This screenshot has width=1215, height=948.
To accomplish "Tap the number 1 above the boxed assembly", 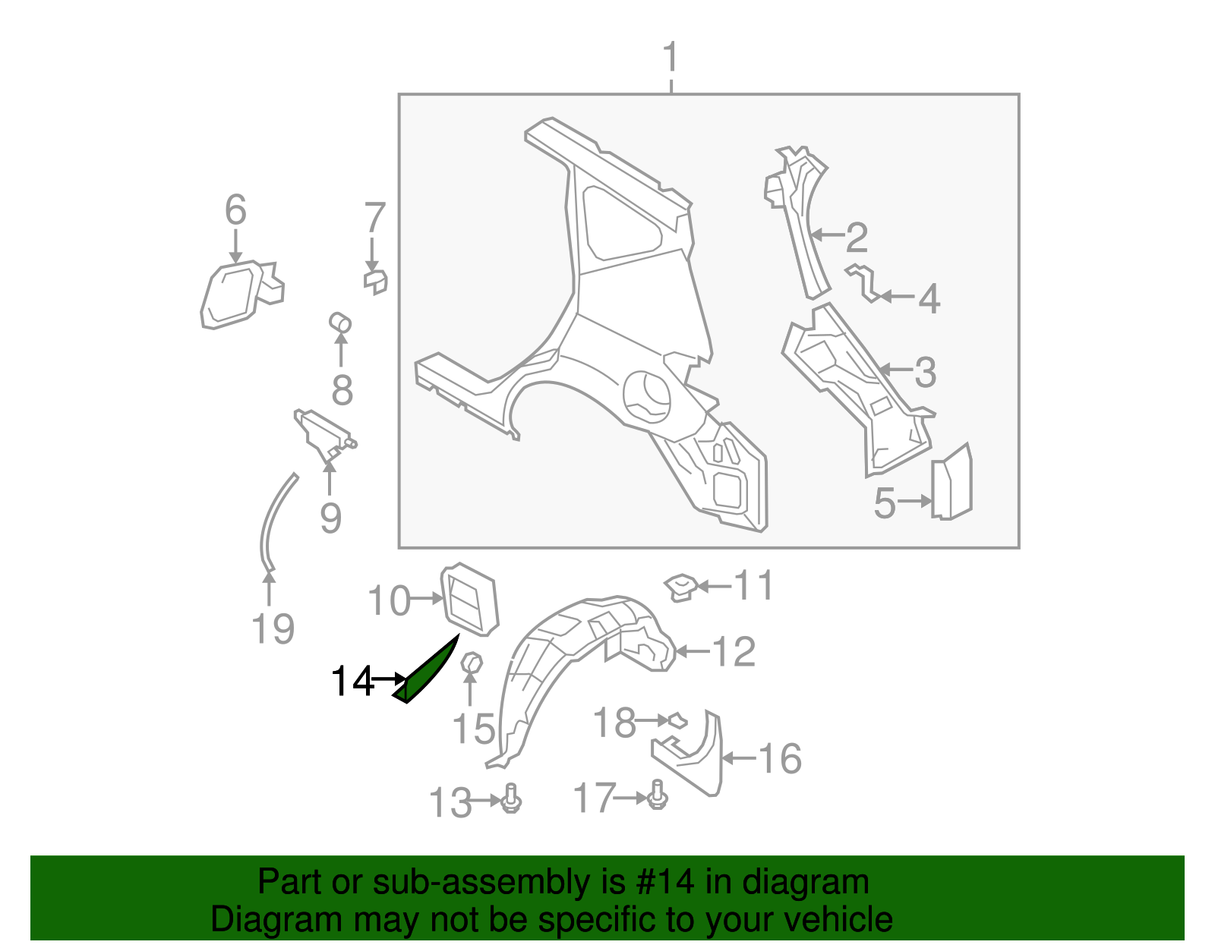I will click(x=670, y=58).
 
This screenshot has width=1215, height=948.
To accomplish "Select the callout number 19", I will click(x=273, y=629).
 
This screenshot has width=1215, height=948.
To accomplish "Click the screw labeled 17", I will click(x=658, y=795).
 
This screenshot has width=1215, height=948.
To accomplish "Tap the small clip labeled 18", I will click(x=676, y=720).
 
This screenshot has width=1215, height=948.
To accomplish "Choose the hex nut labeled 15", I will click(x=472, y=663).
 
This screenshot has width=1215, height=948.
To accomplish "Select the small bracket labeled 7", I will click(x=375, y=281).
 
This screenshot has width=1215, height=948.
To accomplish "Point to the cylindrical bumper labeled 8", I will click(x=340, y=322).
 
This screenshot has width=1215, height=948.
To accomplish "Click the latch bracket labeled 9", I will click(x=323, y=433).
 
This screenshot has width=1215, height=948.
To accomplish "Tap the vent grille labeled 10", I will click(x=469, y=599).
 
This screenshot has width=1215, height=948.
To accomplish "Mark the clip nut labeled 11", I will click(x=680, y=586).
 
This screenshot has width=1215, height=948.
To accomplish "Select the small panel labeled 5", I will click(x=952, y=483).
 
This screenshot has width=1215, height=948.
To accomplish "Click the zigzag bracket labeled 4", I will click(x=865, y=282).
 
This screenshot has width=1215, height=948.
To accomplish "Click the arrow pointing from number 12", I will click(x=692, y=651).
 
